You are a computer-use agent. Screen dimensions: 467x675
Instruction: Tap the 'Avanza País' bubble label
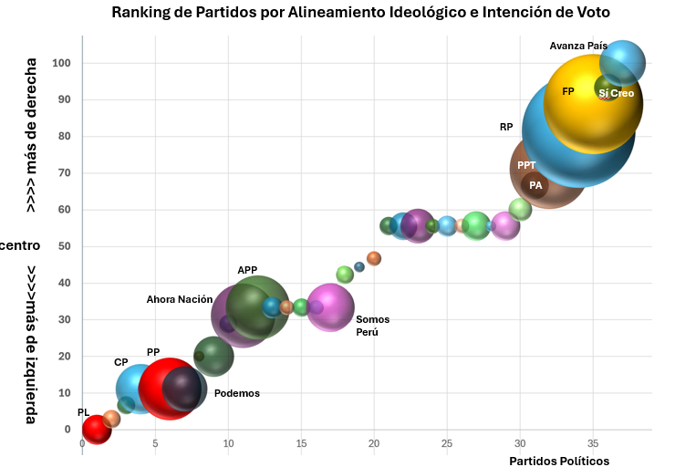[578, 46]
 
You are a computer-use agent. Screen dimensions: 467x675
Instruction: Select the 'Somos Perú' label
[372, 326]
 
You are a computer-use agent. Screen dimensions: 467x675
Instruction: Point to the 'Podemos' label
[237, 393]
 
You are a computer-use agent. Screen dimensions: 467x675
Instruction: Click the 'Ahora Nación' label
[180, 299]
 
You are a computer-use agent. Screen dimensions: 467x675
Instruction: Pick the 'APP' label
[247, 271]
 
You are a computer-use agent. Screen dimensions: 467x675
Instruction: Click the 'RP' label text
[506, 128]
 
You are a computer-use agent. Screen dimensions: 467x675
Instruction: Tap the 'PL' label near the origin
[84, 413]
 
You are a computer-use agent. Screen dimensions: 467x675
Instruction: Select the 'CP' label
[121, 362]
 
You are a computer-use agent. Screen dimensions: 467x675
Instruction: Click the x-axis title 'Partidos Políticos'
[559, 461]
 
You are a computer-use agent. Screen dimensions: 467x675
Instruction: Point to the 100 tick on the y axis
[62, 63]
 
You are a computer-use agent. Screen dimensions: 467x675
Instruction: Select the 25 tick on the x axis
[447, 444]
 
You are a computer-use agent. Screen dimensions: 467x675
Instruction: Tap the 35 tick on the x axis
[593, 444]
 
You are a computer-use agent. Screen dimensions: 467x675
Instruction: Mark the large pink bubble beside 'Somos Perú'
[329, 307]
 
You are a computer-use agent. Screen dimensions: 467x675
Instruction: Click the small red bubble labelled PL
[96, 429]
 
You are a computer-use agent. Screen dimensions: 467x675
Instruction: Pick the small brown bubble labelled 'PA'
[535, 185]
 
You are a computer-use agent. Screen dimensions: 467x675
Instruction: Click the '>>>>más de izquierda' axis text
[31, 345]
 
